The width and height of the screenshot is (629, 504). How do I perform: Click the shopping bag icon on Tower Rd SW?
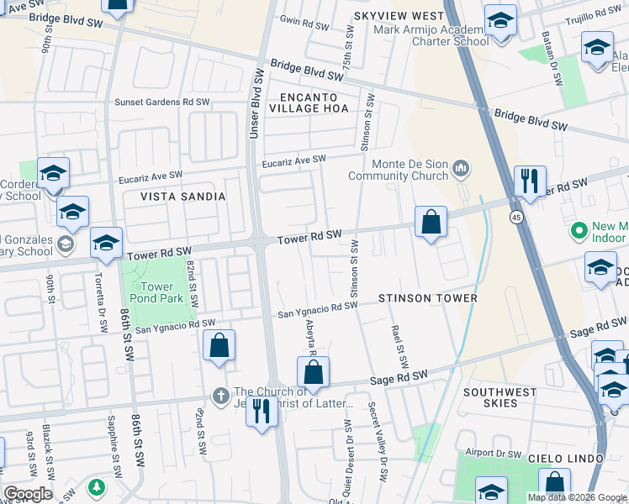(431, 223)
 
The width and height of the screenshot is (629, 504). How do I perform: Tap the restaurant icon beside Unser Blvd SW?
(262, 412)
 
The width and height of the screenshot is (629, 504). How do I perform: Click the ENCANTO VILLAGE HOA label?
(308, 102)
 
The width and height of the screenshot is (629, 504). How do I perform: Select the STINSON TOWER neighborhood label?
(427, 298)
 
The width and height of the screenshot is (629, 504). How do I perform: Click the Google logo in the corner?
(27, 494)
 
